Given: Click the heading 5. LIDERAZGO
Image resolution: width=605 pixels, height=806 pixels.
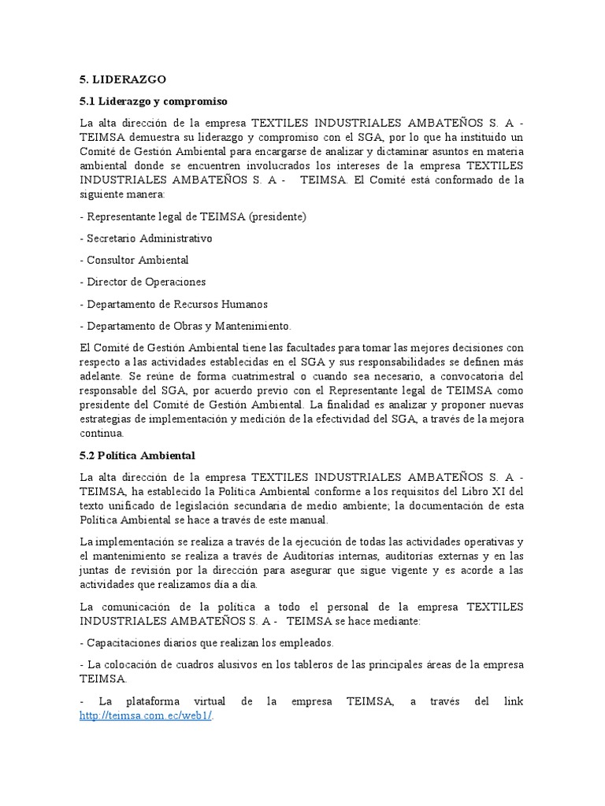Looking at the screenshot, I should [123, 80].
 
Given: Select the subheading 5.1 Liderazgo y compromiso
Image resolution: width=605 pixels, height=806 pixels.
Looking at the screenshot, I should [154, 102].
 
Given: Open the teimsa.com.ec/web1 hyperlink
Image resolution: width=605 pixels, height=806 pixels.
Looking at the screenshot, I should [147, 715].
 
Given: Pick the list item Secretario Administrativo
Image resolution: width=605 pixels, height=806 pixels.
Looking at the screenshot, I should [149, 238].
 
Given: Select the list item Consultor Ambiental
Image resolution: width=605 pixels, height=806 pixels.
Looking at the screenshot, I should [137, 260].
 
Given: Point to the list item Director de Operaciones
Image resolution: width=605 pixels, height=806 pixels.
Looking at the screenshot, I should [146, 282].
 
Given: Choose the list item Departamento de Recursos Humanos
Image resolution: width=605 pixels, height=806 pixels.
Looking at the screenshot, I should [176, 304].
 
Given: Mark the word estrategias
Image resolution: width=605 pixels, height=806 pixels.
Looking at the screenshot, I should [109, 419].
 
